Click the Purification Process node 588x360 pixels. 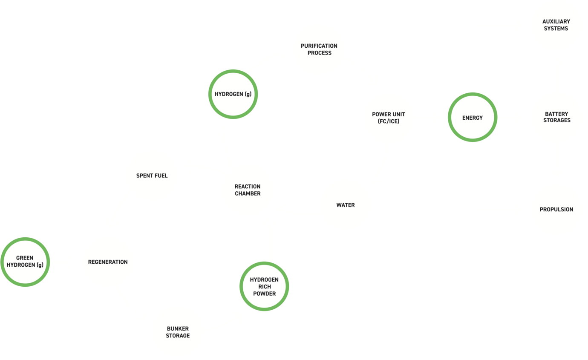[319, 49]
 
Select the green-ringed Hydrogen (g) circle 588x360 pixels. [233, 94]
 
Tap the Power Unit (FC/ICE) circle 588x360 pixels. [388, 118]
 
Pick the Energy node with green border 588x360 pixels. [472, 117]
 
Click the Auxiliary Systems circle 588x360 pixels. [556, 25]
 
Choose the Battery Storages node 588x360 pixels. [556, 117]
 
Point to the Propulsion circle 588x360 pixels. [556, 209]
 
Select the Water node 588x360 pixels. [345, 205]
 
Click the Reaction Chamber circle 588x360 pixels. [248, 190]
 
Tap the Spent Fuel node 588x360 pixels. [152, 176]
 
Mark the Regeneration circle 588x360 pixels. [107, 262]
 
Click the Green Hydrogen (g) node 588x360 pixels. [25, 262]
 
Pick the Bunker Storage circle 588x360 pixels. [178, 332]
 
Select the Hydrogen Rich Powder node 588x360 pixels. [264, 286]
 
